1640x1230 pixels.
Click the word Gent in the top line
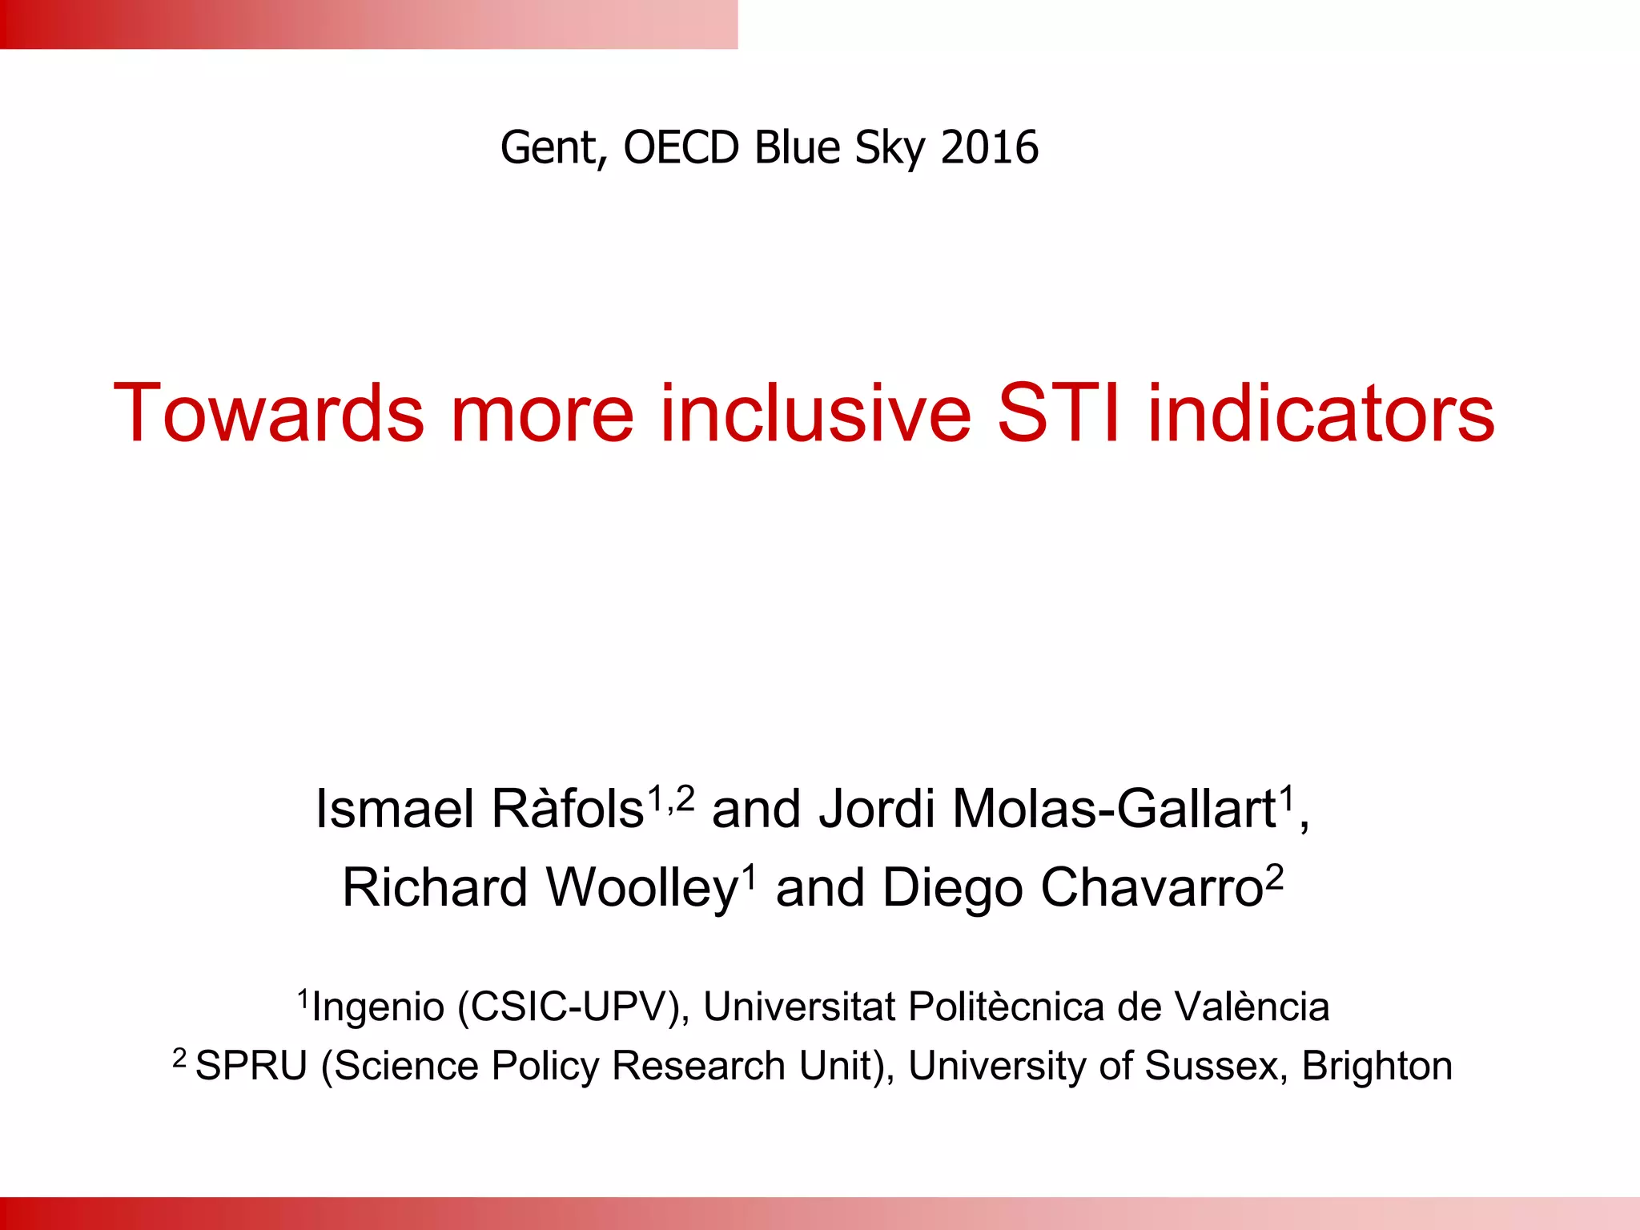tap(550, 148)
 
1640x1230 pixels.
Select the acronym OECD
tap(681, 148)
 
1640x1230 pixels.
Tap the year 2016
tap(990, 148)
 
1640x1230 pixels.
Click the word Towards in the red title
tap(268, 413)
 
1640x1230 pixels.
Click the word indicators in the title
tap(1321, 413)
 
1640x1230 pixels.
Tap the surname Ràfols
tap(567, 809)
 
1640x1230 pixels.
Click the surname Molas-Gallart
tap(1113, 809)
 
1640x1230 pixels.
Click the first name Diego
tap(951, 889)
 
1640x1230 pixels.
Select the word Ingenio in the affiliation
tap(378, 1007)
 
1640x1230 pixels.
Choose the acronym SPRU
tap(251, 1067)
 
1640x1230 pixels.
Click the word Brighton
tap(1377, 1067)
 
